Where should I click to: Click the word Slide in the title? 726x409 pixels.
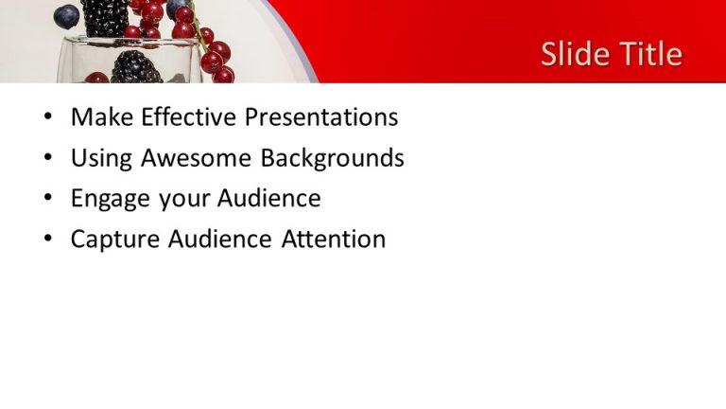point(571,54)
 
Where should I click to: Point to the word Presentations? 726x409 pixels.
point(321,117)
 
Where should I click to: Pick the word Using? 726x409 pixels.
point(101,159)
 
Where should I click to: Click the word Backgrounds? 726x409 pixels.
point(332,158)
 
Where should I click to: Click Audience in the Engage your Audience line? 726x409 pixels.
point(269,199)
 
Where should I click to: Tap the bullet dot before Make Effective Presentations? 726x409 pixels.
point(48,118)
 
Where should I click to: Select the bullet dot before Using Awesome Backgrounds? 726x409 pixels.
point(48,159)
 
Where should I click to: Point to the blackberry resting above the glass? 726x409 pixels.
point(105,18)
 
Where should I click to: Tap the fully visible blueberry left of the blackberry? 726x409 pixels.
point(66,16)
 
